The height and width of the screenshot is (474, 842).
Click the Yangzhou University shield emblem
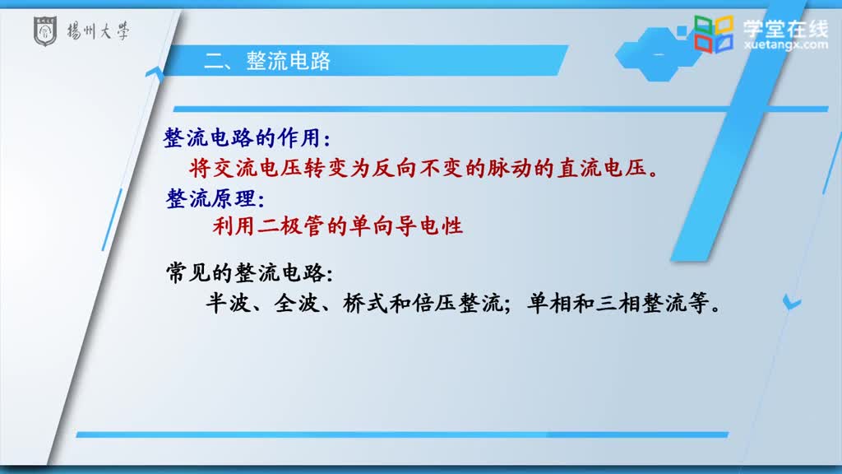(x=45, y=31)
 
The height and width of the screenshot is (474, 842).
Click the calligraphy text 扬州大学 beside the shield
(x=99, y=32)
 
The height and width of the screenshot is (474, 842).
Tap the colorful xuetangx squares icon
(x=713, y=34)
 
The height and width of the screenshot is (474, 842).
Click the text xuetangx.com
(x=786, y=44)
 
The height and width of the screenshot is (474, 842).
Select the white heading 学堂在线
(x=786, y=28)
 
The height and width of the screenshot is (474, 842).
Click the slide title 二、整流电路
(x=267, y=61)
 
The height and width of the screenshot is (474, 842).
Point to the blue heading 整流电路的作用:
(x=247, y=138)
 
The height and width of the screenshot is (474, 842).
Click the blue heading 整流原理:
(x=215, y=199)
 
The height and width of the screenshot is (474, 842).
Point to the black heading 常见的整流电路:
(x=250, y=273)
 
